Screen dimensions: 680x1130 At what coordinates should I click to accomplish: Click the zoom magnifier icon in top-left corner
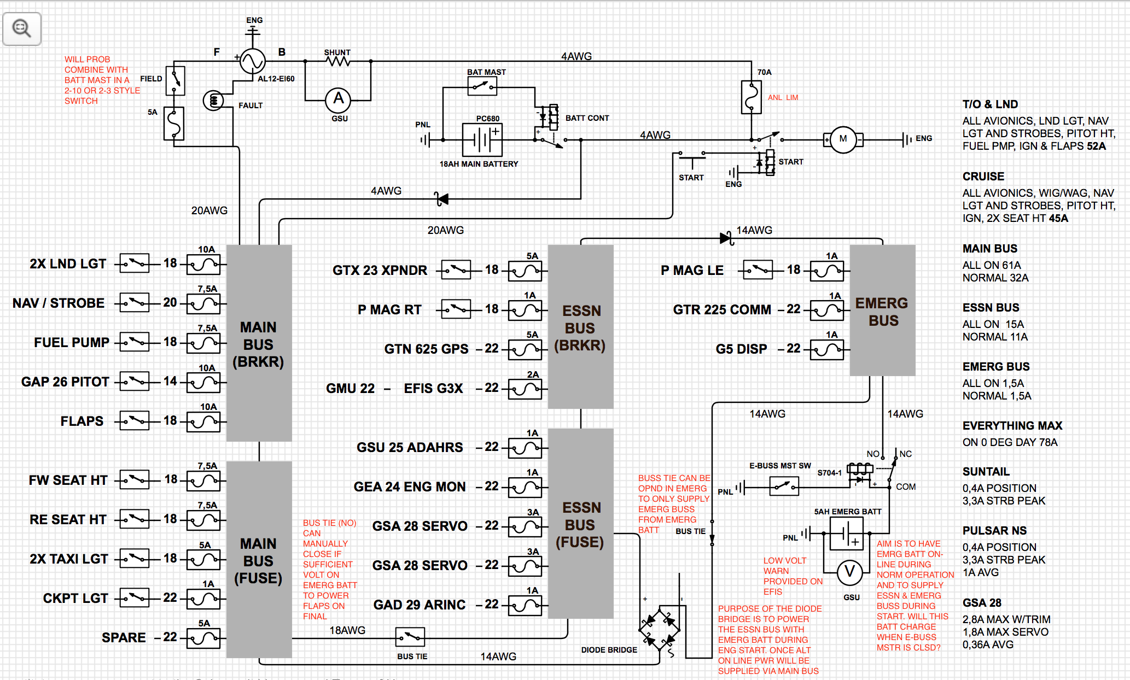click(x=22, y=28)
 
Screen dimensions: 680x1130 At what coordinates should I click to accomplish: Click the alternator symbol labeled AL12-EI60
click(x=253, y=61)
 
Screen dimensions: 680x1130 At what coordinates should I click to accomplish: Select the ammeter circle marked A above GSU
click(x=339, y=99)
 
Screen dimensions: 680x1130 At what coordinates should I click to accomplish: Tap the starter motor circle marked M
click(x=843, y=139)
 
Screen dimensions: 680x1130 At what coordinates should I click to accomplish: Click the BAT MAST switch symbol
click(x=482, y=86)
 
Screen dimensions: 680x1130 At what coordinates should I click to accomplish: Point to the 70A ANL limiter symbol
click(x=751, y=97)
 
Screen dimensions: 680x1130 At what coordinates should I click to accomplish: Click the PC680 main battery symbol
click(x=482, y=140)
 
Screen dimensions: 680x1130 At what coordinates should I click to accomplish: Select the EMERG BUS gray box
click(x=882, y=310)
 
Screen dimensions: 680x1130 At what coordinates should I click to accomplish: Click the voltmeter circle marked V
click(x=850, y=572)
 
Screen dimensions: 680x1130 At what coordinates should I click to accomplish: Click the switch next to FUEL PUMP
click(x=135, y=343)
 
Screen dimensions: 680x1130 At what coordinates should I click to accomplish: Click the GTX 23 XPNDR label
click(x=380, y=270)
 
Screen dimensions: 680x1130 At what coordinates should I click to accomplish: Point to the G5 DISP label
click(x=741, y=349)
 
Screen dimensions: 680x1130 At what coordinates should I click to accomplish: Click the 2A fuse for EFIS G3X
click(x=525, y=389)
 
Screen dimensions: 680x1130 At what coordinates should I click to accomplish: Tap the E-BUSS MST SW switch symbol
click(x=784, y=486)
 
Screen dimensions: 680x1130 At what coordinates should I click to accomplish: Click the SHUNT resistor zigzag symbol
click(x=338, y=61)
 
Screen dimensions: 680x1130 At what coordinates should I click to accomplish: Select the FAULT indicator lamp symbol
click(x=213, y=101)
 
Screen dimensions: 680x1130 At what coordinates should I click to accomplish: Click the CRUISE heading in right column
click(x=983, y=177)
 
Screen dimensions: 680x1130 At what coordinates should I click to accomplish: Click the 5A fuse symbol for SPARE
click(x=203, y=638)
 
